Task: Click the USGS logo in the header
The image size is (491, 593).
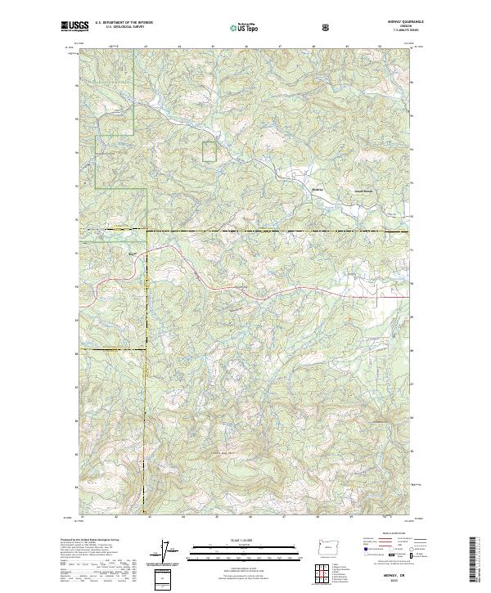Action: [x=74, y=26]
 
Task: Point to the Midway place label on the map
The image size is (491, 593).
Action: [x=319, y=190]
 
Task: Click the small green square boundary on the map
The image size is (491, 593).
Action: [x=210, y=151]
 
